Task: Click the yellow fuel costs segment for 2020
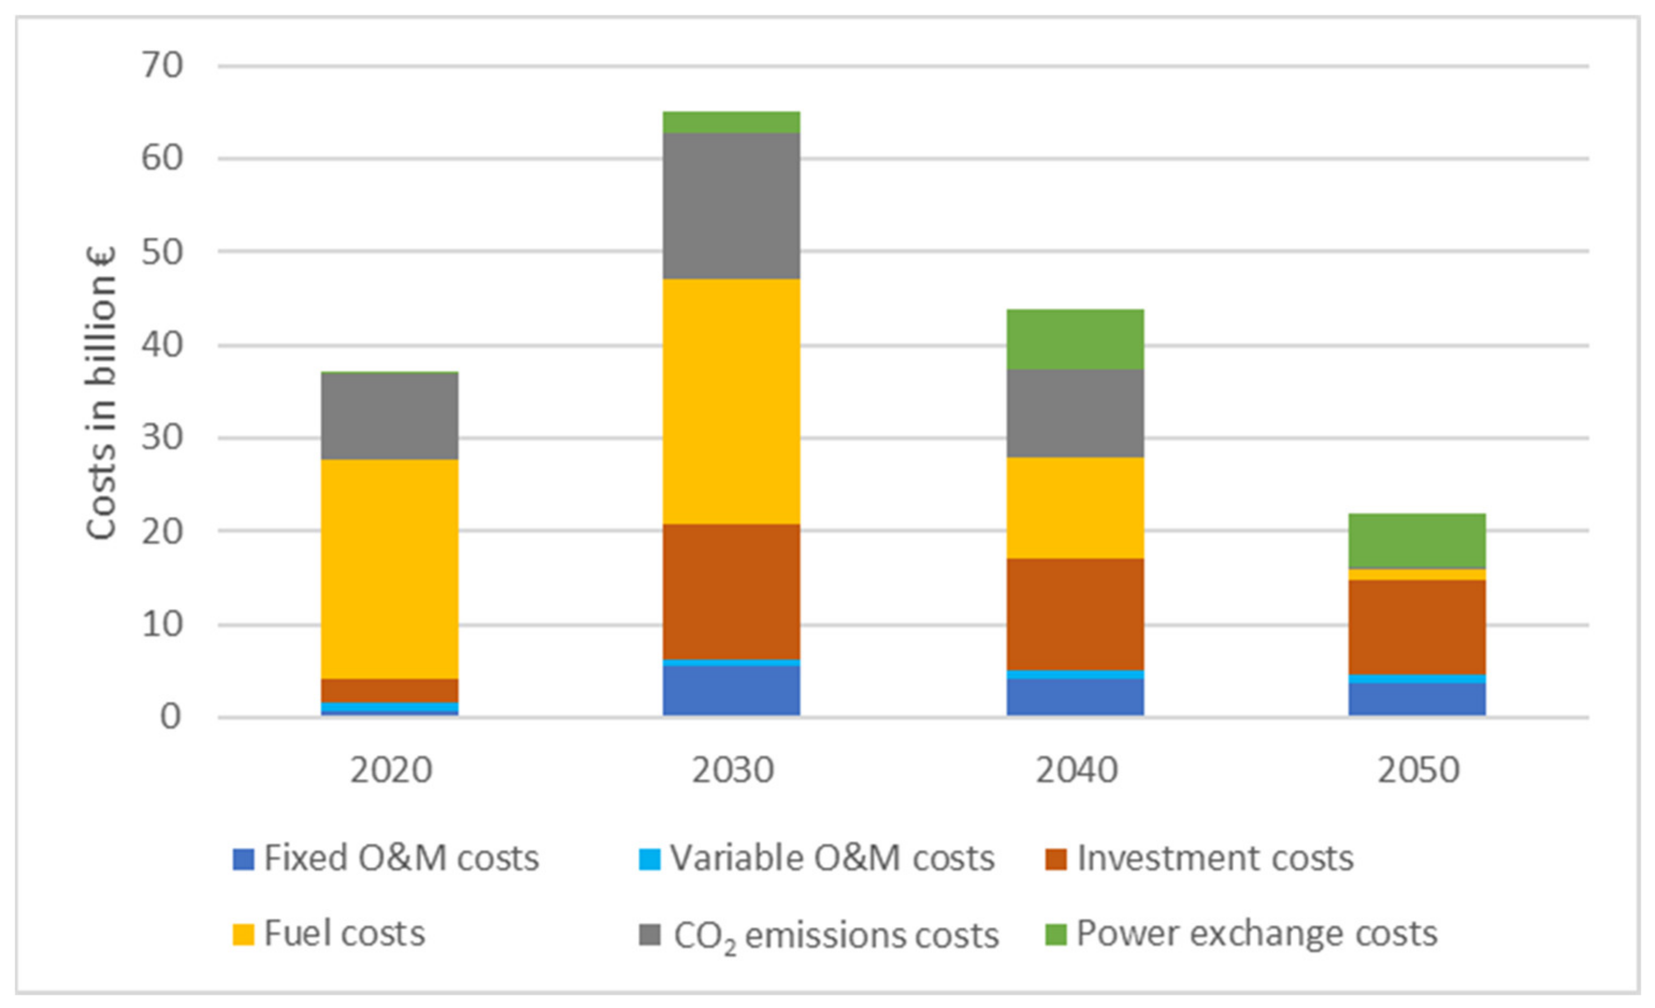tap(390, 569)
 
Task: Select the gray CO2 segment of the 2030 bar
tap(731, 205)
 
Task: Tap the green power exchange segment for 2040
tap(1075, 339)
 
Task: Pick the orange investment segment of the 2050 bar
tap(1417, 627)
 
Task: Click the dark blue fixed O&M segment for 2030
tap(731, 690)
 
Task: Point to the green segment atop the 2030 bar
tap(731, 122)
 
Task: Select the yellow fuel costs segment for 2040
tap(1075, 508)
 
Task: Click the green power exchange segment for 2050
tap(1417, 541)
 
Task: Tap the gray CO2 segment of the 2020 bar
tap(390, 416)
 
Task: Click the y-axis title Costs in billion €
tap(101, 393)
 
